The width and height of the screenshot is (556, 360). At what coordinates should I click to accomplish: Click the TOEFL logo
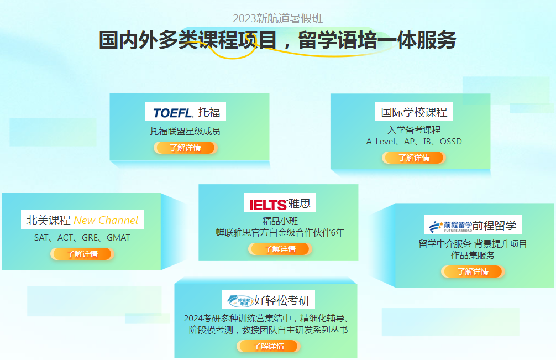(173, 113)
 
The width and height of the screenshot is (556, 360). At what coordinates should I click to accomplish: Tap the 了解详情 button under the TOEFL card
(186, 148)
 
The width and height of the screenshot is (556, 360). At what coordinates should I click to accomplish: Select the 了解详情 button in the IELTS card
(280, 249)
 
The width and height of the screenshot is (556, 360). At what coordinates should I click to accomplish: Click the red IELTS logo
(268, 205)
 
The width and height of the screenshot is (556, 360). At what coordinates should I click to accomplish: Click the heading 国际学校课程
(414, 112)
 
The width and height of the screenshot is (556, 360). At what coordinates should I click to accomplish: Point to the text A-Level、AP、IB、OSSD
(414, 142)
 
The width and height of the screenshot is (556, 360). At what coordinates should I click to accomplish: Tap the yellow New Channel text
(106, 220)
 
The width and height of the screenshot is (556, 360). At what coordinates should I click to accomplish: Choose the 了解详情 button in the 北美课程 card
(82, 254)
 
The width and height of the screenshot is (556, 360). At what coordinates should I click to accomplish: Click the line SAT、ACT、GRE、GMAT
(82, 238)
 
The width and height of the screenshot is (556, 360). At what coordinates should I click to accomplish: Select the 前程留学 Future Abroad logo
(450, 226)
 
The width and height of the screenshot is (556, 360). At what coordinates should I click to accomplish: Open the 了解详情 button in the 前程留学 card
(473, 272)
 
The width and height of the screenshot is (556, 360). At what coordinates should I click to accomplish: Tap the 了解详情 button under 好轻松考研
(269, 346)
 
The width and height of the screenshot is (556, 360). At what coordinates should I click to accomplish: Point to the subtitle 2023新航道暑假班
(277, 18)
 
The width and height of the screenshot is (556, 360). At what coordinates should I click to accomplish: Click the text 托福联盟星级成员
(185, 132)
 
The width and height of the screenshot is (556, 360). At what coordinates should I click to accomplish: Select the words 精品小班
(280, 221)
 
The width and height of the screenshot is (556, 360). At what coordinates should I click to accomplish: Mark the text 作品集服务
(473, 255)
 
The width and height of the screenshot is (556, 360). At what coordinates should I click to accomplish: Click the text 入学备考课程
(414, 130)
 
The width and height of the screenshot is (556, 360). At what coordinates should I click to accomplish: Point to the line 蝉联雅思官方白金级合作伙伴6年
(280, 233)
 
